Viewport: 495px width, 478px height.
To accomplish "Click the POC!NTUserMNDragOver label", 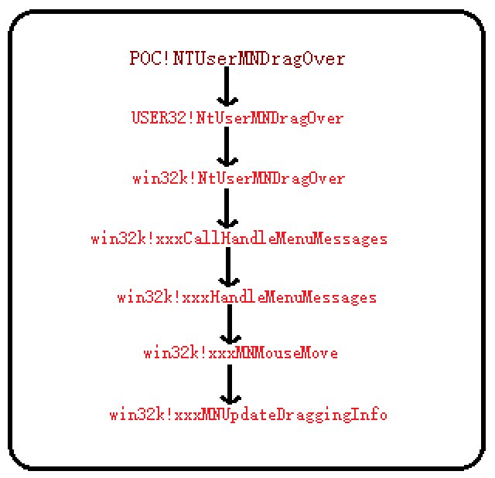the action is click(237, 59).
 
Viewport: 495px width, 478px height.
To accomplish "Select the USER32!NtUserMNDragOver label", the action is click(237, 118).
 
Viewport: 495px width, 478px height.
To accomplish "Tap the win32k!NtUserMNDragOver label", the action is click(239, 178).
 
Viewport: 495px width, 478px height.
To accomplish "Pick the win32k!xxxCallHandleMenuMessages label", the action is click(239, 239).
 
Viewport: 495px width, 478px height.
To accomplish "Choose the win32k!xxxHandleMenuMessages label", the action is click(247, 297).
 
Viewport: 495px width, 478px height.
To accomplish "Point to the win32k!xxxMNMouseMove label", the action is click(241, 353).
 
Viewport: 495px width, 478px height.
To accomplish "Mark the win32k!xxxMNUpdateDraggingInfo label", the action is click(248, 415).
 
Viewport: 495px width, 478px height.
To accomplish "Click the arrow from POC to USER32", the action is click(227, 86).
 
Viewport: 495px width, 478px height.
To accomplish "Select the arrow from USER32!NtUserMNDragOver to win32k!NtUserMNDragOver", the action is click(227, 147).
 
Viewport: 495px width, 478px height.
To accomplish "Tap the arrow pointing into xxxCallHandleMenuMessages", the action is click(227, 208).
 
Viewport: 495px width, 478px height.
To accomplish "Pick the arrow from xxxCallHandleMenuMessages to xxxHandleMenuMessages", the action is click(229, 267).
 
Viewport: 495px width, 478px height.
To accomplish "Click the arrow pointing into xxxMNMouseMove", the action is click(230, 324).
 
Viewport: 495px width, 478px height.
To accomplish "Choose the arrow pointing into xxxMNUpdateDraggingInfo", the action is click(230, 385).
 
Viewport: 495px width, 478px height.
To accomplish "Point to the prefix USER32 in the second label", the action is click(159, 117).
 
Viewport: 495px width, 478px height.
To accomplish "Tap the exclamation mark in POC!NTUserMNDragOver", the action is click(167, 58).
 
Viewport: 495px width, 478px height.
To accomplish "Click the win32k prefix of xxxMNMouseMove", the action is click(171, 353).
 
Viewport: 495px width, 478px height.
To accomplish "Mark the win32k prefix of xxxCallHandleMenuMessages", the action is click(118, 239).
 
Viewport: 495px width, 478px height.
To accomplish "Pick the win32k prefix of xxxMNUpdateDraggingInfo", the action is click(137, 415).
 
